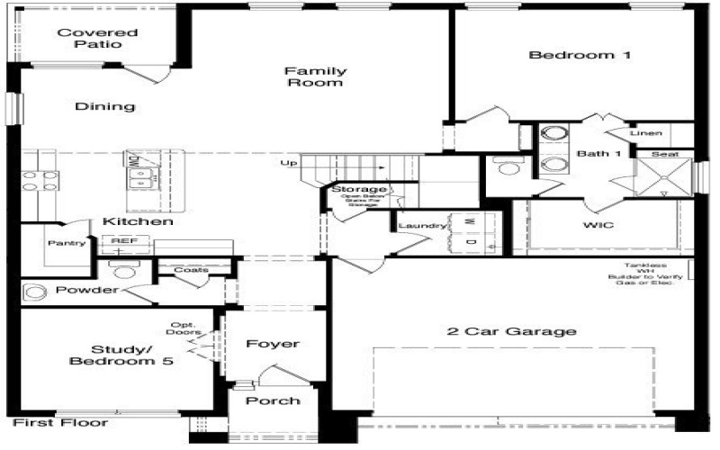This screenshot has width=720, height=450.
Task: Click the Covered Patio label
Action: [89, 39]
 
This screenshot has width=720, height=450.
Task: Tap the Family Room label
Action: [315, 76]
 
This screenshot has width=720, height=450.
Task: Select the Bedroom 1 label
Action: [580, 55]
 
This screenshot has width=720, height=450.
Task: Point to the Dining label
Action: [104, 106]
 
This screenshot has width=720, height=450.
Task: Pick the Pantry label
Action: [67, 242]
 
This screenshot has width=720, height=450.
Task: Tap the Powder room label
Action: [86, 290]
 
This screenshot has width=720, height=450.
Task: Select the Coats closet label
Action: [191, 269]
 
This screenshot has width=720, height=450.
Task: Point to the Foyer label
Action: [273, 344]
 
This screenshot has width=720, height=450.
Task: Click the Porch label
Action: [273, 400]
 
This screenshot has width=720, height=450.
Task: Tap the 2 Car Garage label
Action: [511, 331]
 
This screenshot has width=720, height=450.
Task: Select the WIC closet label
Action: [598, 224]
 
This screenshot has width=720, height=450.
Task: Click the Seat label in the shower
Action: [665, 155]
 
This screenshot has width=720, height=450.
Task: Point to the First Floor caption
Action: [61, 422]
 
